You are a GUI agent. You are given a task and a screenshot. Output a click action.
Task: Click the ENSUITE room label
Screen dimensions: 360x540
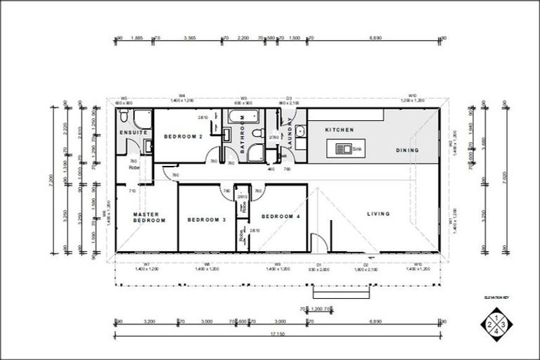[x=134, y=133]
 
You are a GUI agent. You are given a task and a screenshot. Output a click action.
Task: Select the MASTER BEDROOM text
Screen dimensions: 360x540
[x=150, y=217]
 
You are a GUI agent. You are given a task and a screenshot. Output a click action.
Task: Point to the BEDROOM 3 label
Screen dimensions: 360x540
[x=206, y=220]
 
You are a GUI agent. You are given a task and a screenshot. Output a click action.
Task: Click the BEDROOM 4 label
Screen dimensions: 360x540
[x=281, y=217]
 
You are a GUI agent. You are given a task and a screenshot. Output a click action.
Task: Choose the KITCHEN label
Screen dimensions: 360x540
[x=339, y=130]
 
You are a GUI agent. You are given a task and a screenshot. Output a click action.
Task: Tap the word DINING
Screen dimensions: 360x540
[x=407, y=150]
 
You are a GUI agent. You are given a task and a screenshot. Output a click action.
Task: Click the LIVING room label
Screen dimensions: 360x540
[x=378, y=214]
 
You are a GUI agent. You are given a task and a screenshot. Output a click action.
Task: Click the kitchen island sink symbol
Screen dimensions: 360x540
[x=345, y=149]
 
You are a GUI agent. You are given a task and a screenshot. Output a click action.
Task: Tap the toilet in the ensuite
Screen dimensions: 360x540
[x=124, y=115]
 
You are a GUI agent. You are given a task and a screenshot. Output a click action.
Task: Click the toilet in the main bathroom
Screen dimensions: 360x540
[x=257, y=133]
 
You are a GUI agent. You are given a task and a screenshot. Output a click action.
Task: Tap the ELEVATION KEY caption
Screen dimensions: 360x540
[x=496, y=298]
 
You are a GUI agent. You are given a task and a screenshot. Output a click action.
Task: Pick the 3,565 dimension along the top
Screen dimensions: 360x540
[x=189, y=38]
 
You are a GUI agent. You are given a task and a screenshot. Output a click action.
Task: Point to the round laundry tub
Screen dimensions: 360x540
[x=300, y=131]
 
